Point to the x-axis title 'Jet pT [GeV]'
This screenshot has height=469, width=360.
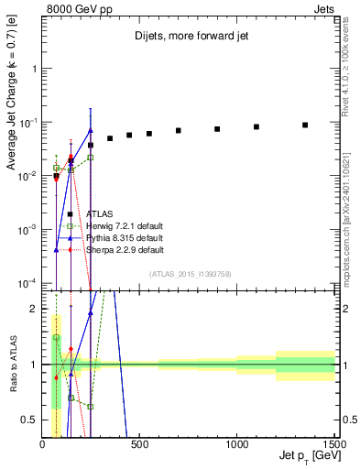(x=306, y=456)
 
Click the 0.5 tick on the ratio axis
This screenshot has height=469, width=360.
(x=33, y=420)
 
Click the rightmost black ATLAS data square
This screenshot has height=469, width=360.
(x=305, y=125)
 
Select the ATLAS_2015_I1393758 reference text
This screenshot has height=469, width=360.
(x=190, y=274)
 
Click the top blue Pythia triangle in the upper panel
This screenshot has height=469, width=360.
(x=91, y=129)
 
